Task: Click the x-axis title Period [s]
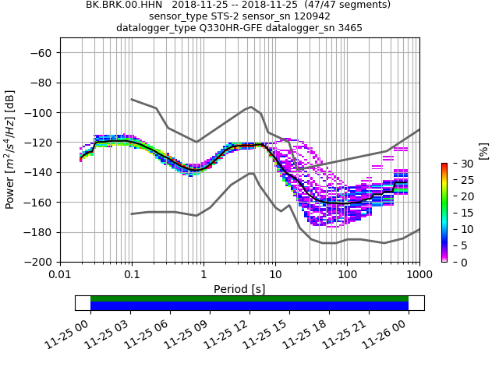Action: point(239,289)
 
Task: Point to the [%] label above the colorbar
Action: point(483,150)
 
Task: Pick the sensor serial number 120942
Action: point(304,16)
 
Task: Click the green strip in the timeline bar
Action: point(249,298)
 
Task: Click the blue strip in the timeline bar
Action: point(249,306)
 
